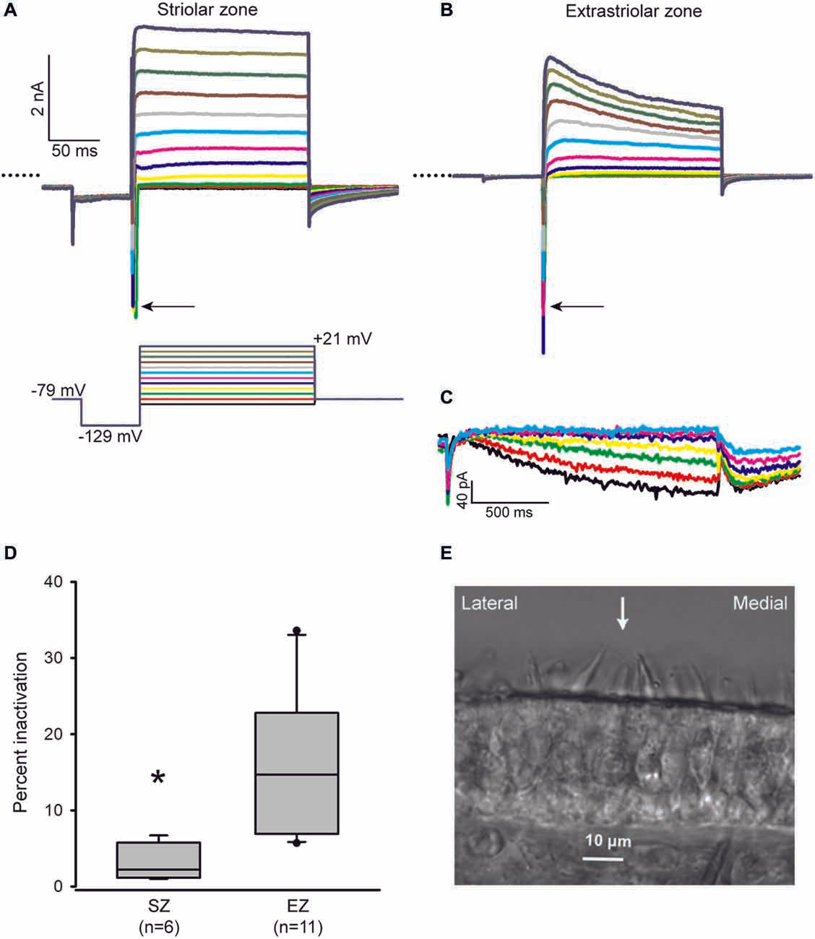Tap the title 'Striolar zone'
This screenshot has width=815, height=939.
208,10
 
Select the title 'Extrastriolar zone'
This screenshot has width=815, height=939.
634,12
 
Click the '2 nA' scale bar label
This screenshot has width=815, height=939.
38,98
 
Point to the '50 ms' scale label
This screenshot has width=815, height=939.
74,151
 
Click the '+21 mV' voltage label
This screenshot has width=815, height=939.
342,338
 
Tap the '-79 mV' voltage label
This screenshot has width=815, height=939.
59,391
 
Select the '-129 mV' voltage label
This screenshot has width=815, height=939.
111,436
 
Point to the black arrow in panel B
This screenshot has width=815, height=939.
577,307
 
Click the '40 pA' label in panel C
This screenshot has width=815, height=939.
463,489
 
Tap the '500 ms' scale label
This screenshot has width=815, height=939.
509,512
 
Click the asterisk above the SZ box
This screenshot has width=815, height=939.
158,779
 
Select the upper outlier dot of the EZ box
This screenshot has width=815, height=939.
297,631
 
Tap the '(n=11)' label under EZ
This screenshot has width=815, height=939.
297,927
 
